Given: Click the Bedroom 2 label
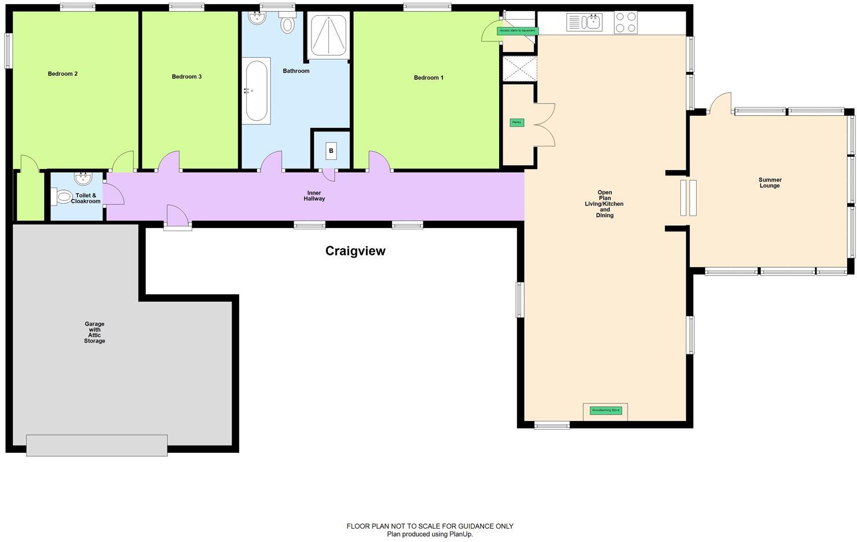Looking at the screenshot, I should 63,74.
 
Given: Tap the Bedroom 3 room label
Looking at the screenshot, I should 186,77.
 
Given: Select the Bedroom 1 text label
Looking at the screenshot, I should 428,78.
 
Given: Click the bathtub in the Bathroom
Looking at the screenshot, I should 256,91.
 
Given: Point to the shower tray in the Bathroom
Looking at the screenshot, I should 328,35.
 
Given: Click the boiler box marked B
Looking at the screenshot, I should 331,151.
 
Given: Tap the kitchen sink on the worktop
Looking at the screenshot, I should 585,23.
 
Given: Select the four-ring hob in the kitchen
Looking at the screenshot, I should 625,23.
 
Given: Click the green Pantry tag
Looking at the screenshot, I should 517,123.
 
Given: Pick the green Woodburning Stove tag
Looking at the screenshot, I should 605,411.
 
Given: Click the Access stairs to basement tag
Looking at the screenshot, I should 517,31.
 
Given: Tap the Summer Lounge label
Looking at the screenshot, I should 770,183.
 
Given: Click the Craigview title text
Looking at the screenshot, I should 355,251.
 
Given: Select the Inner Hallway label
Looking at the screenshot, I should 314,196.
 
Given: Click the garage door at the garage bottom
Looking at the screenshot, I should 97,445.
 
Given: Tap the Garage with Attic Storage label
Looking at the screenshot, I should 94,333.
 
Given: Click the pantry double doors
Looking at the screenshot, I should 544,124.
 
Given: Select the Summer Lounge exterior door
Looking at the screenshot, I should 719,104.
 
